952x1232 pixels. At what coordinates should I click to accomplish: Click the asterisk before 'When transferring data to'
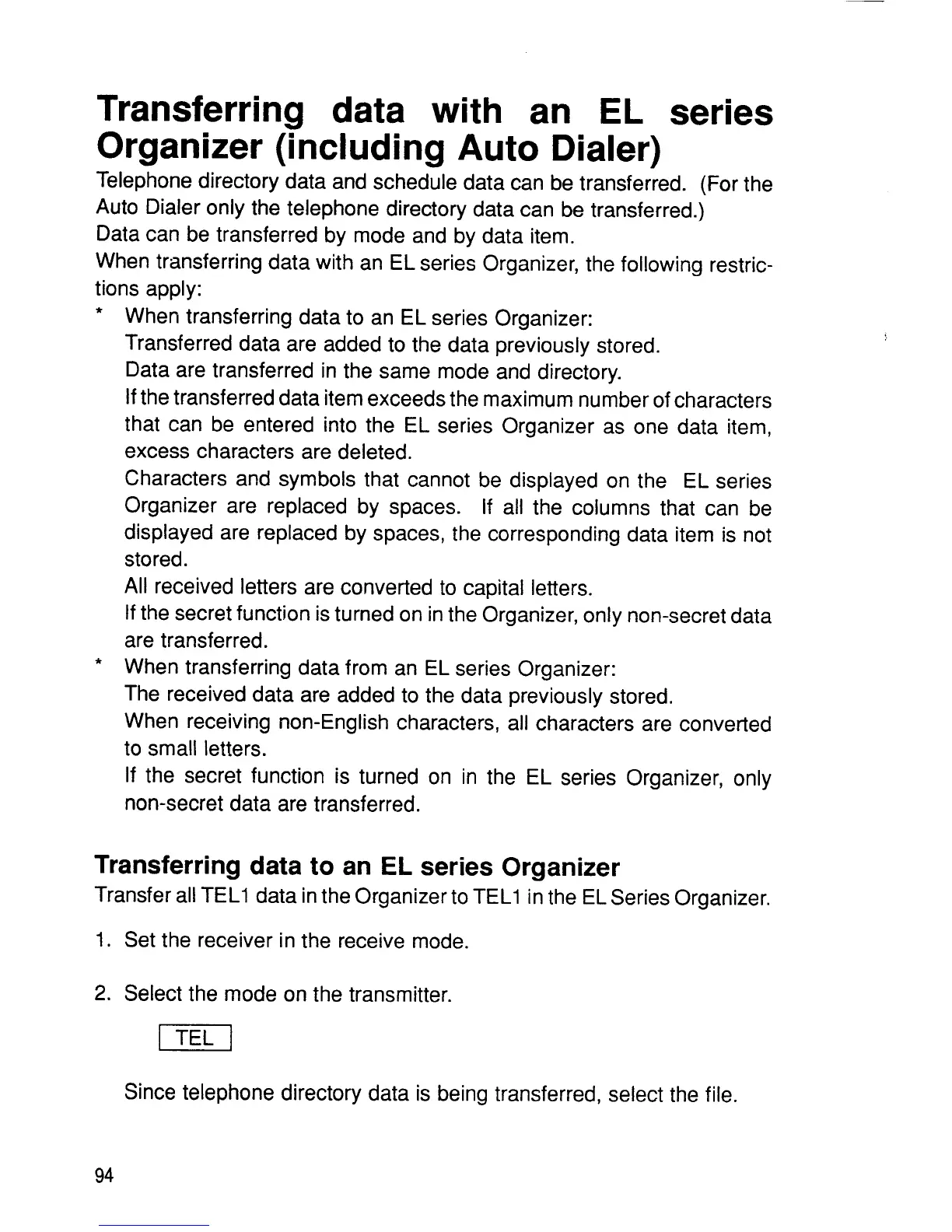coord(99,316)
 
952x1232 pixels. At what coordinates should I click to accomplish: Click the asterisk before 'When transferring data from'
coord(99,667)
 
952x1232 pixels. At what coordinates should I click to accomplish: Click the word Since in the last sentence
coord(150,1094)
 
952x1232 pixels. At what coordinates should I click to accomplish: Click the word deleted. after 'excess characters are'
coord(374,452)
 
